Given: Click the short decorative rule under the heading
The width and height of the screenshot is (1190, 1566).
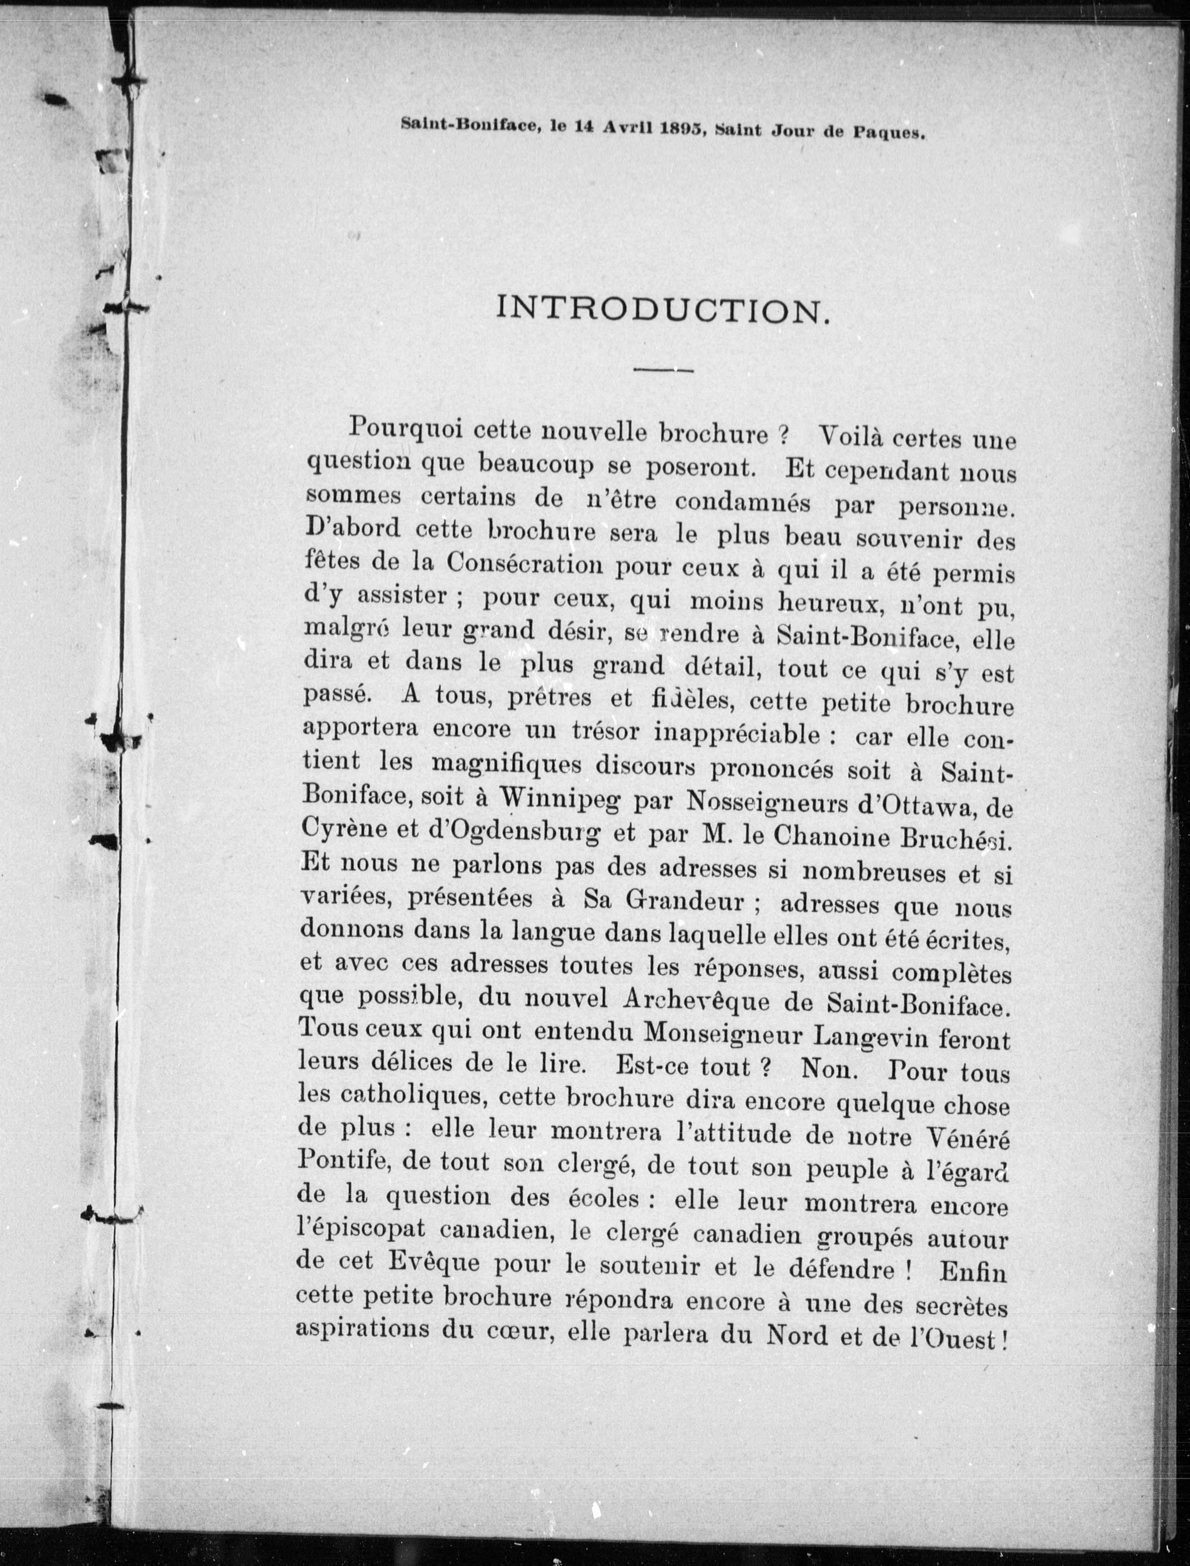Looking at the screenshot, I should tap(663, 369).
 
